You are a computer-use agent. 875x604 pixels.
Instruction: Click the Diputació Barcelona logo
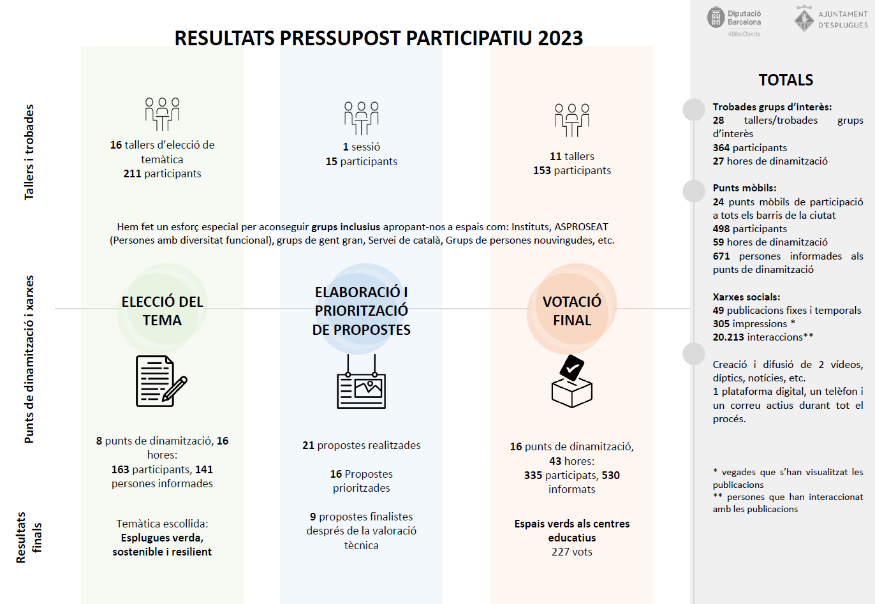tap(734, 19)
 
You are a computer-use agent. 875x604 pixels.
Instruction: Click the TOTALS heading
tap(786, 80)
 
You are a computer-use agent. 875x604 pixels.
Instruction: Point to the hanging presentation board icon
tap(361, 383)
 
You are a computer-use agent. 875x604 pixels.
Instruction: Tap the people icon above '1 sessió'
tap(361, 117)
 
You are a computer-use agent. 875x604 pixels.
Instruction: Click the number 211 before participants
tap(132, 173)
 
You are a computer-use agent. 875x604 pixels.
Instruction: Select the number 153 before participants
tap(542, 170)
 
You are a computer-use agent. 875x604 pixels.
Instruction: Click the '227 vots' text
tap(572, 552)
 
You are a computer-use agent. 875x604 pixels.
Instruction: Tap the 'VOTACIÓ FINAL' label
tap(572, 311)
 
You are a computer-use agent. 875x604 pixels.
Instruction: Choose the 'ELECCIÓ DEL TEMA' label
tap(162, 311)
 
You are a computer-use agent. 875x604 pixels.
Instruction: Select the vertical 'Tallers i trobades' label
tap(29, 152)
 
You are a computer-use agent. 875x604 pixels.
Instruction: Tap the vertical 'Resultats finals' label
tap(29, 537)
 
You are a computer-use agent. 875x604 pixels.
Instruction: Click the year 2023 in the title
tap(560, 38)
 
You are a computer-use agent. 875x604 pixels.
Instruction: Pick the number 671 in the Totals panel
tap(721, 256)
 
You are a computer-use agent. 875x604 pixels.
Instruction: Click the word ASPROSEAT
tap(581, 226)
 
